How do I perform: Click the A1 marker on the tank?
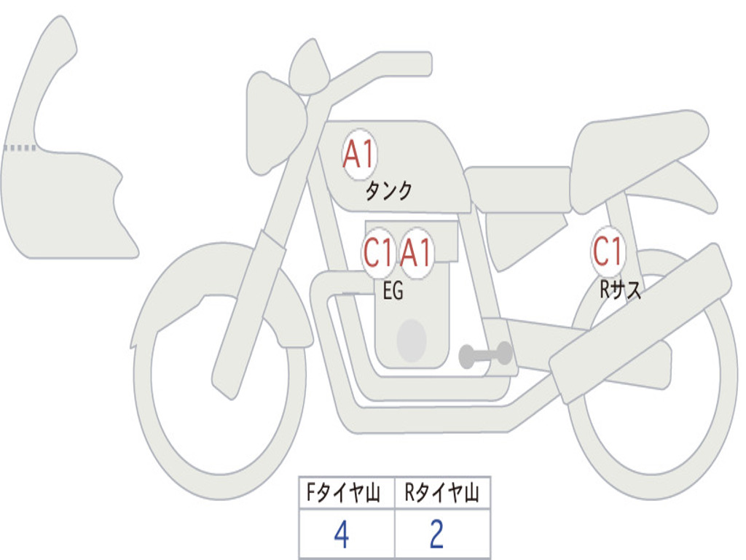click(x=360, y=155)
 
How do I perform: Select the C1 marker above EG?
click(x=379, y=252)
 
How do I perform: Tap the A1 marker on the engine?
click(x=416, y=252)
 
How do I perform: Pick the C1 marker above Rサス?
click(x=608, y=251)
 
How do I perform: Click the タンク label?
click(x=388, y=191)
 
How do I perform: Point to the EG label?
click(x=393, y=290)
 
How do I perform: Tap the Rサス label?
click(x=620, y=289)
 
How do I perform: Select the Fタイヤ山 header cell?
click(x=347, y=492)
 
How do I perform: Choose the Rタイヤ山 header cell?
click(x=442, y=492)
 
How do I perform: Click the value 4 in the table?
click(x=342, y=534)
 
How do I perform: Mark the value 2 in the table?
click(x=437, y=534)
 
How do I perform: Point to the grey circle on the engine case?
click(x=412, y=341)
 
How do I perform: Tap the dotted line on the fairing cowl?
click(x=20, y=148)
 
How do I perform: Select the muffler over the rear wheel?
click(x=640, y=324)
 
